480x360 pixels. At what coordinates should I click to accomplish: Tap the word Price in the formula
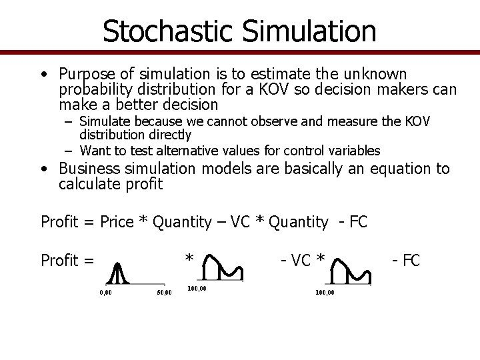click(x=116, y=222)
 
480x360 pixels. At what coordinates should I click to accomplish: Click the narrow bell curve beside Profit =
click(x=119, y=271)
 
